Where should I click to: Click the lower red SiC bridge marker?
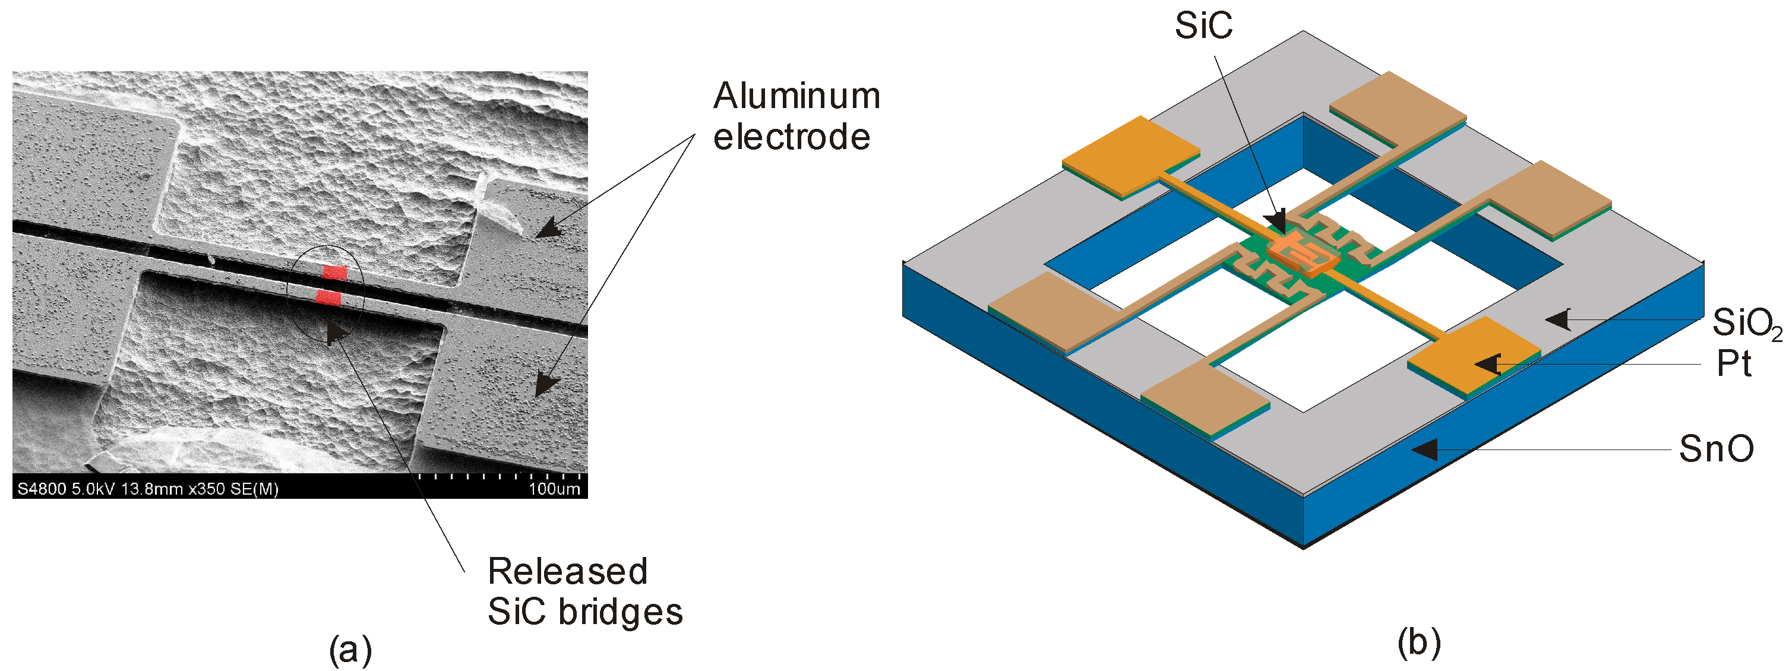click(328, 298)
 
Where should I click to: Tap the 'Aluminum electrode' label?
click(796, 116)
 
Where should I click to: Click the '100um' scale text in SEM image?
click(554, 489)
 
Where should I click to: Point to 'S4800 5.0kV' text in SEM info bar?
click(67, 489)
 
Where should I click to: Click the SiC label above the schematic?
click(1203, 26)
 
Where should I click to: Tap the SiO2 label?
click(1745, 323)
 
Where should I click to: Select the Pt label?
click(1733, 364)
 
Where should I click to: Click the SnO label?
click(1715, 449)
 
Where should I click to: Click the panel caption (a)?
click(350, 650)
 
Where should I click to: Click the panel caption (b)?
click(1419, 642)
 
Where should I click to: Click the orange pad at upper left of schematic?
click(1131, 155)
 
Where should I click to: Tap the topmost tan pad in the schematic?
click(1398, 106)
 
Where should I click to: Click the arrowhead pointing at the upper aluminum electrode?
click(548, 229)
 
